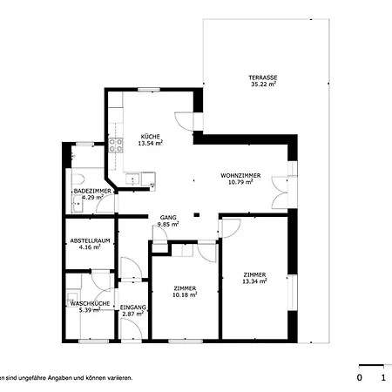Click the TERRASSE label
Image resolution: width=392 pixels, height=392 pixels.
262,78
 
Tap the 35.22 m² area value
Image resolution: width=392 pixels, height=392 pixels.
262,85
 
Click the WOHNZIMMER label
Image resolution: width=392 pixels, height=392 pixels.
236,175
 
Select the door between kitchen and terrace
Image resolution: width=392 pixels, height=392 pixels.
183,122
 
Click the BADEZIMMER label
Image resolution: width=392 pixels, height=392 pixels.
91,190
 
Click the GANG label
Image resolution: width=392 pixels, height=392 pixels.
168,217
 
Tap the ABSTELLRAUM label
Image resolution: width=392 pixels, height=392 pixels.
89,241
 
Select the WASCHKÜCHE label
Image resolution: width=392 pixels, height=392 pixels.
90,303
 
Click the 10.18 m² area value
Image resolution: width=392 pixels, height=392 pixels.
185,294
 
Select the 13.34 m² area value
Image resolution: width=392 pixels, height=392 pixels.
254,281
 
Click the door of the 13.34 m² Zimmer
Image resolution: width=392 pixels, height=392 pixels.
231,228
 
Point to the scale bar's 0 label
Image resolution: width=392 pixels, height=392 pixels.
359,378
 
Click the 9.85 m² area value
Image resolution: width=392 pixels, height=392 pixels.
168,224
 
